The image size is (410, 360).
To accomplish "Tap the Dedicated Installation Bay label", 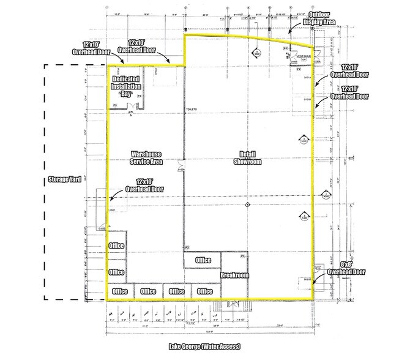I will click(x=125, y=88).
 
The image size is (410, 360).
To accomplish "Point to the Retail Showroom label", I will click(x=247, y=158).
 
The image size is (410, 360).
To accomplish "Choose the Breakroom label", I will click(x=236, y=276).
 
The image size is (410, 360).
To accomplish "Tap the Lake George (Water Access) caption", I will click(x=204, y=347).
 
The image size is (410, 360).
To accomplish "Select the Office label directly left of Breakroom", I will click(x=203, y=260).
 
